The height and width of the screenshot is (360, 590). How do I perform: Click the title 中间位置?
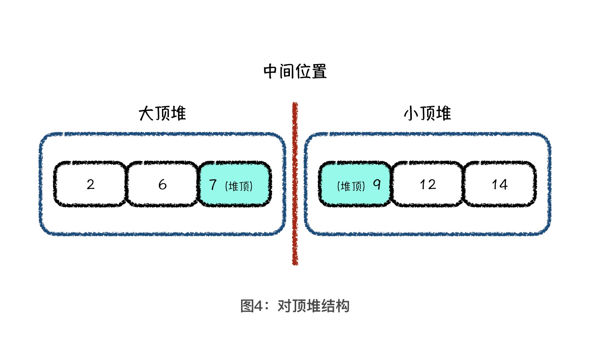pos(295,72)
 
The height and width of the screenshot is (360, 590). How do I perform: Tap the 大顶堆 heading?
pos(162,114)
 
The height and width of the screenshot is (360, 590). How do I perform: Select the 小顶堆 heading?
pos(428,114)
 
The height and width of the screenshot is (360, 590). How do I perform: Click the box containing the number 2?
pos(90,184)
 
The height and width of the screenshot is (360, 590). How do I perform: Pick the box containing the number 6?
pos(162,184)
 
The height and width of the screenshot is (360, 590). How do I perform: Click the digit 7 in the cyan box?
pos(213,184)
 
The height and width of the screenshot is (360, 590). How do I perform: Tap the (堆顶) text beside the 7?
pos(239,186)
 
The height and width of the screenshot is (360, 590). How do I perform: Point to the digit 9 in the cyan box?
pos(377,184)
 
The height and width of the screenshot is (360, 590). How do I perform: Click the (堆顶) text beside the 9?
pos(351,186)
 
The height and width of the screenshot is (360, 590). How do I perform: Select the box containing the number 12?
pos(428,184)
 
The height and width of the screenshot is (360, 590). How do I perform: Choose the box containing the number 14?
pos(500,184)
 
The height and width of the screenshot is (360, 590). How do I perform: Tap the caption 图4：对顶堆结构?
pos(295,306)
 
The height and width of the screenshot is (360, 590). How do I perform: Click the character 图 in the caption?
pos(247,306)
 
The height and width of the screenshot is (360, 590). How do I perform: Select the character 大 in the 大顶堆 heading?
pos(146,114)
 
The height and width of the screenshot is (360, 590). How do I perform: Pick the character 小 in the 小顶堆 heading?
pos(411,114)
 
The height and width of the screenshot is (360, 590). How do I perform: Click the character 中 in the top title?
pos(271,72)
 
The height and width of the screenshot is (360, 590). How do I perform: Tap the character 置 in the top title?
pos(319,72)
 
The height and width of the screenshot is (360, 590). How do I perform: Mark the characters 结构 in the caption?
pos(334,306)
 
